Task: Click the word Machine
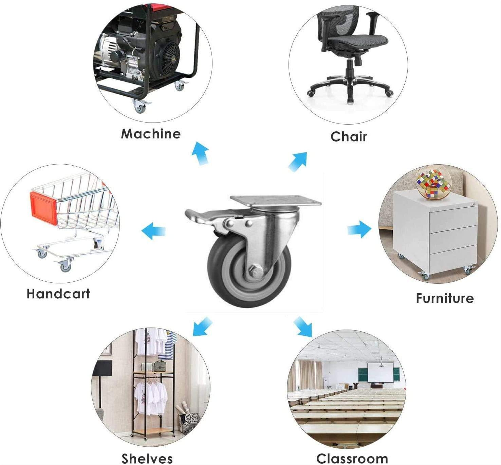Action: pyautogui.click(x=151, y=133)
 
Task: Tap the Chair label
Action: pyautogui.click(x=349, y=136)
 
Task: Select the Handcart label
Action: pyautogui.click(x=58, y=294)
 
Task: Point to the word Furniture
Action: pyautogui.click(x=445, y=298)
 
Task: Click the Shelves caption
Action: pyautogui.click(x=147, y=458)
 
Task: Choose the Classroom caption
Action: pyautogui.click(x=352, y=458)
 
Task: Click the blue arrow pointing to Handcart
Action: pyautogui.click(x=153, y=230)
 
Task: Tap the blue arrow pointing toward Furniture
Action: pyautogui.click(x=359, y=229)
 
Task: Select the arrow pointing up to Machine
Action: pyautogui.click(x=201, y=153)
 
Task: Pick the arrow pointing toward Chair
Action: pyautogui.click(x=298, y=162)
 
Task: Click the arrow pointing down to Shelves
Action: pyautogui.click(x=203, y=326)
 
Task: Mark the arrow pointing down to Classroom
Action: pyautogui.click(x=302, y=327)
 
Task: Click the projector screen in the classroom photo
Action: pyautogui.click(x=380, y=373)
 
